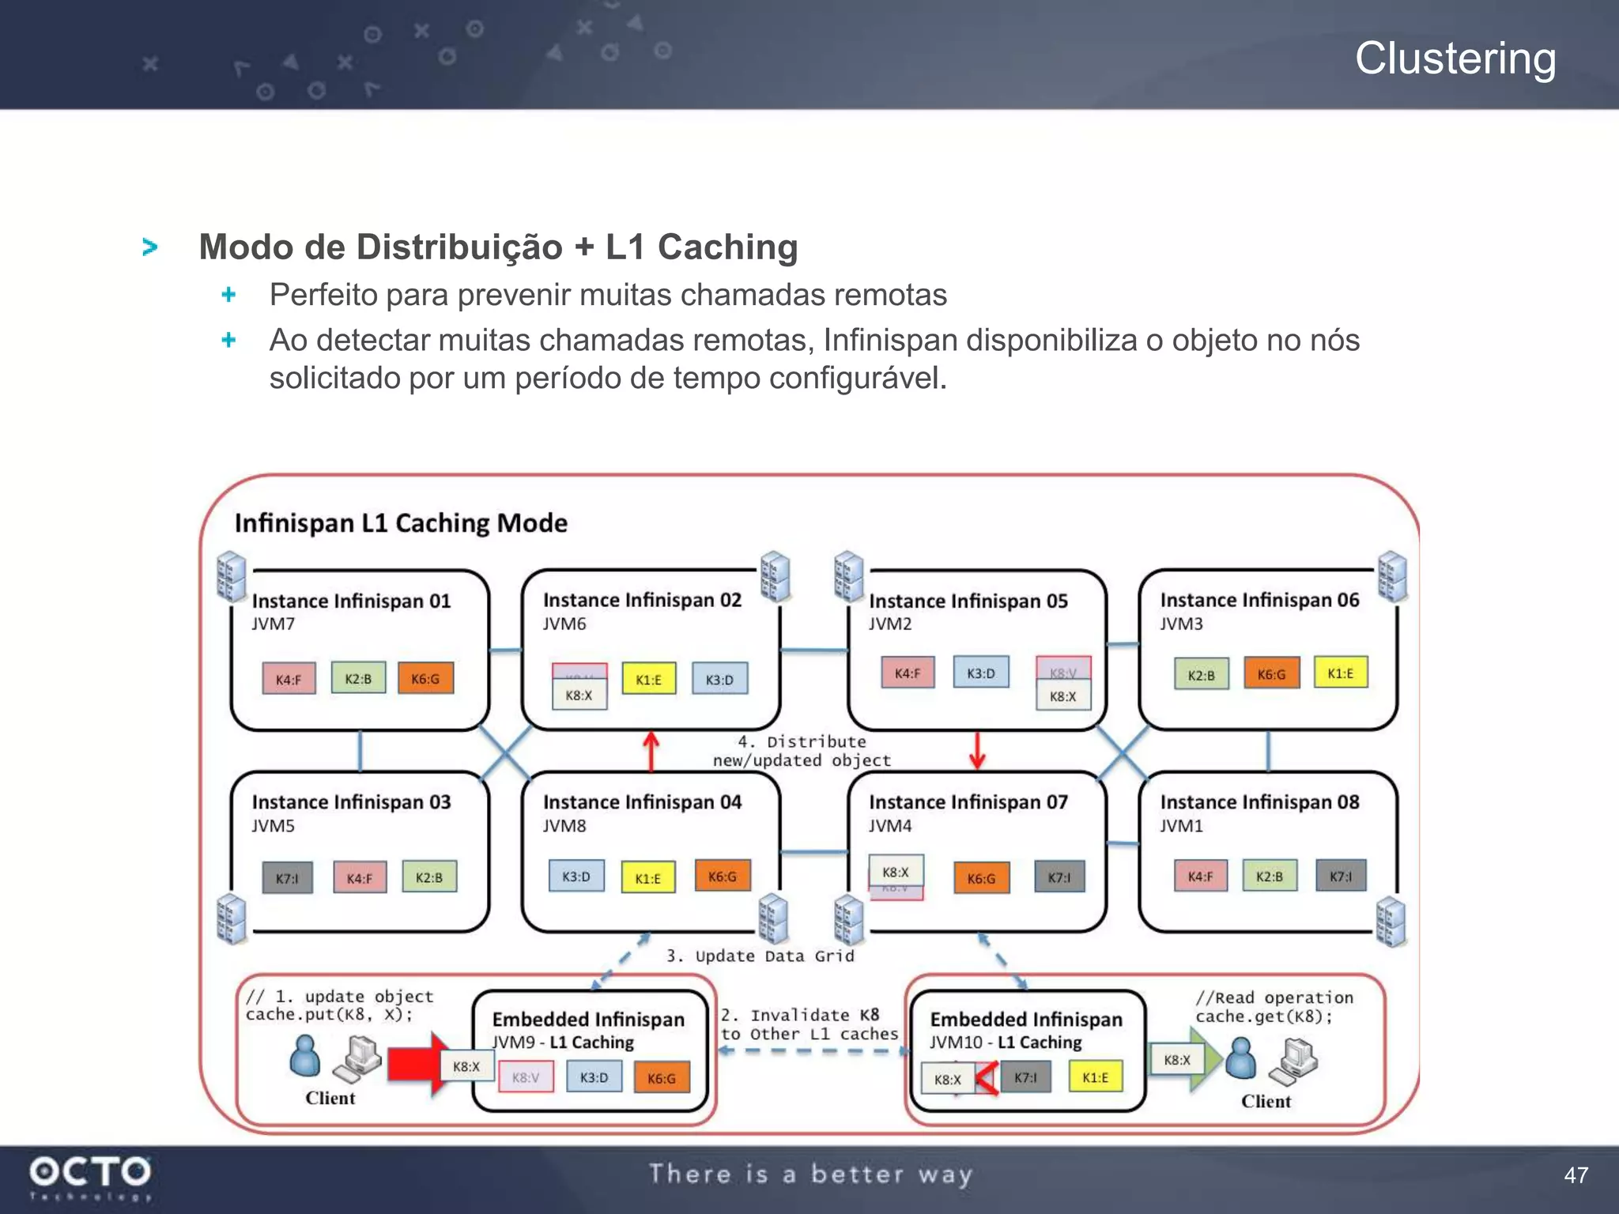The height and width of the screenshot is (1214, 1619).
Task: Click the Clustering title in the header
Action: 1455,58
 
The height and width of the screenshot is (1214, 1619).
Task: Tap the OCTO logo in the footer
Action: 89,1171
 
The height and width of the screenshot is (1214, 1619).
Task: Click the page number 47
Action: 1576,1175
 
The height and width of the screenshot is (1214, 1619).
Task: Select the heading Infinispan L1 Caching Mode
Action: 401,523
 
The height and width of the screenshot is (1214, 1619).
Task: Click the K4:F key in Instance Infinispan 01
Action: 289,679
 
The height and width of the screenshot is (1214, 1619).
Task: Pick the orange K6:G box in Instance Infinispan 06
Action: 1271,674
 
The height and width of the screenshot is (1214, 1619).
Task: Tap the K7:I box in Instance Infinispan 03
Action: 287,878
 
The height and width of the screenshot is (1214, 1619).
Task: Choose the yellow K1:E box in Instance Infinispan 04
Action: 647,878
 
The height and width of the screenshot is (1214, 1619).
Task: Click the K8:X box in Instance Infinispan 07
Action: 896,872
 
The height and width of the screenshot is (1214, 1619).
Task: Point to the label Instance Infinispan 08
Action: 1259,802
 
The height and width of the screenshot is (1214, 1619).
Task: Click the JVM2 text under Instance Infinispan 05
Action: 890,624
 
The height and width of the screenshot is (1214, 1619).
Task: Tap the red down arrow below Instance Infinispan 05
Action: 977,751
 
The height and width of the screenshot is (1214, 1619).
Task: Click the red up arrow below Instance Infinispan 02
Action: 651,751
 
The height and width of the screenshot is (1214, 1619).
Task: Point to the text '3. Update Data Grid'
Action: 760,956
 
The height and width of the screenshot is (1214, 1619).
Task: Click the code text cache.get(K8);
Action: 1263,1016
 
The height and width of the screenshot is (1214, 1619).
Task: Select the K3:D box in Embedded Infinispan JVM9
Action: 594,1077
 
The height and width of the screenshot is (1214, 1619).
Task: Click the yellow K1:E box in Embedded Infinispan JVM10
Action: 1095,1077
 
